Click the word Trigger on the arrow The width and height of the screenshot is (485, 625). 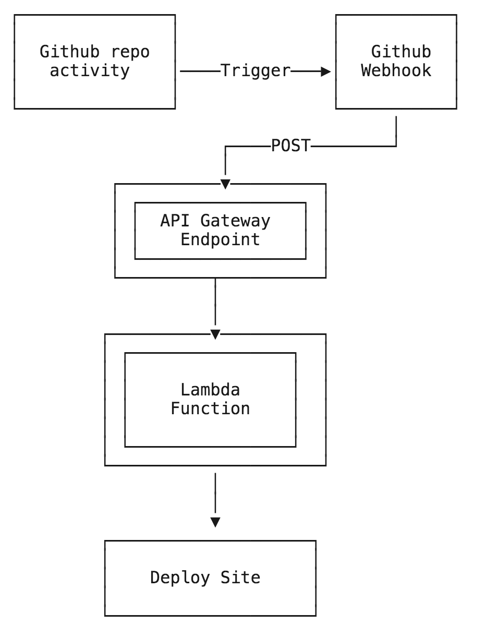256,71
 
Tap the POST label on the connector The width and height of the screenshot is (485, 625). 290,146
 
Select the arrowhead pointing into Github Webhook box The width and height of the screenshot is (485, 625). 326,71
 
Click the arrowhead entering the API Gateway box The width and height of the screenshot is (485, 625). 225,184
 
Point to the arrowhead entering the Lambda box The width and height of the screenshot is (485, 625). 215,334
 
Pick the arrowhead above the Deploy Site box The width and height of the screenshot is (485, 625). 215,522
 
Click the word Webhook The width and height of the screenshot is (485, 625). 396,70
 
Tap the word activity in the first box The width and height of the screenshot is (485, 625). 89,70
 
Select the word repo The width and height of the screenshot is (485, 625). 130,52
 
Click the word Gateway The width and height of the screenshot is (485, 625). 235,221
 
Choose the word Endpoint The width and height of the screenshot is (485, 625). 220,239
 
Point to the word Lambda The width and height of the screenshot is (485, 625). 210,390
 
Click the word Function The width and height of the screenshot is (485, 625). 210,408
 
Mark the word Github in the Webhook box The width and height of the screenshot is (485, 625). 401,52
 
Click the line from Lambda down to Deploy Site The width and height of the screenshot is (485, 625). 215,493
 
